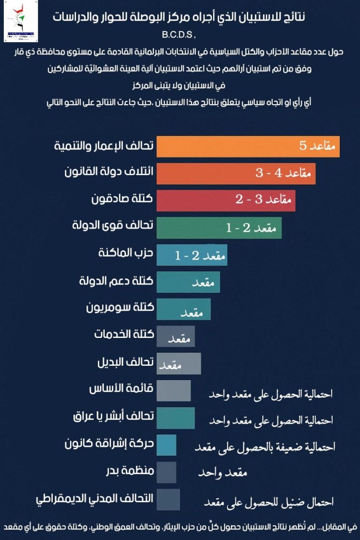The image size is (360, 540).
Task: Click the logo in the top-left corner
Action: point(21,22)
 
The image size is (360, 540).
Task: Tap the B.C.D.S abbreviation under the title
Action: point(180,35)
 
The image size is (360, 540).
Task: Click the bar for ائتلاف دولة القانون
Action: point(236,173)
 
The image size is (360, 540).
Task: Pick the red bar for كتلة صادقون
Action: point(226,200)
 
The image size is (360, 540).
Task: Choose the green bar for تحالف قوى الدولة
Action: point(219,228)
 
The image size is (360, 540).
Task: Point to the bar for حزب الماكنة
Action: point(192,255)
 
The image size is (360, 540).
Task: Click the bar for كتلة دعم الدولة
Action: point(188,282)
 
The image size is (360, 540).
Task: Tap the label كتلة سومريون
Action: point(120,308)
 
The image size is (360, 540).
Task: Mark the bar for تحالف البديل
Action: point(179,363)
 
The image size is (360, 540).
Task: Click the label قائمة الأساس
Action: point(121,389)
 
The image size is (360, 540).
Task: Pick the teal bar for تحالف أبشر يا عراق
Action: point(176,418)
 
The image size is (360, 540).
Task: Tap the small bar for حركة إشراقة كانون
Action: point(167,445)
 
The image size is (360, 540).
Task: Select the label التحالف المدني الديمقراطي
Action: point(95,498)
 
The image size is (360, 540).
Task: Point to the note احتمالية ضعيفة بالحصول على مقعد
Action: point(264,446)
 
